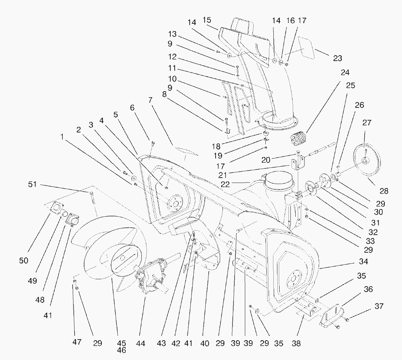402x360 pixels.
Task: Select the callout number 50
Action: [24, 261]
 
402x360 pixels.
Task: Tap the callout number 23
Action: [337, 58]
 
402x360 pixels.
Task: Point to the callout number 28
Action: [383, 191]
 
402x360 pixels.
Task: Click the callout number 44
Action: [141, 344]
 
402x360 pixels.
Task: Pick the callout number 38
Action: [296, 344]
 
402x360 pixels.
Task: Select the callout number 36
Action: [368, 289]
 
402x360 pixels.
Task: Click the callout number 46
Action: [122, 350]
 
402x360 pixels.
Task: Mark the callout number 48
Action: [40, 300]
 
